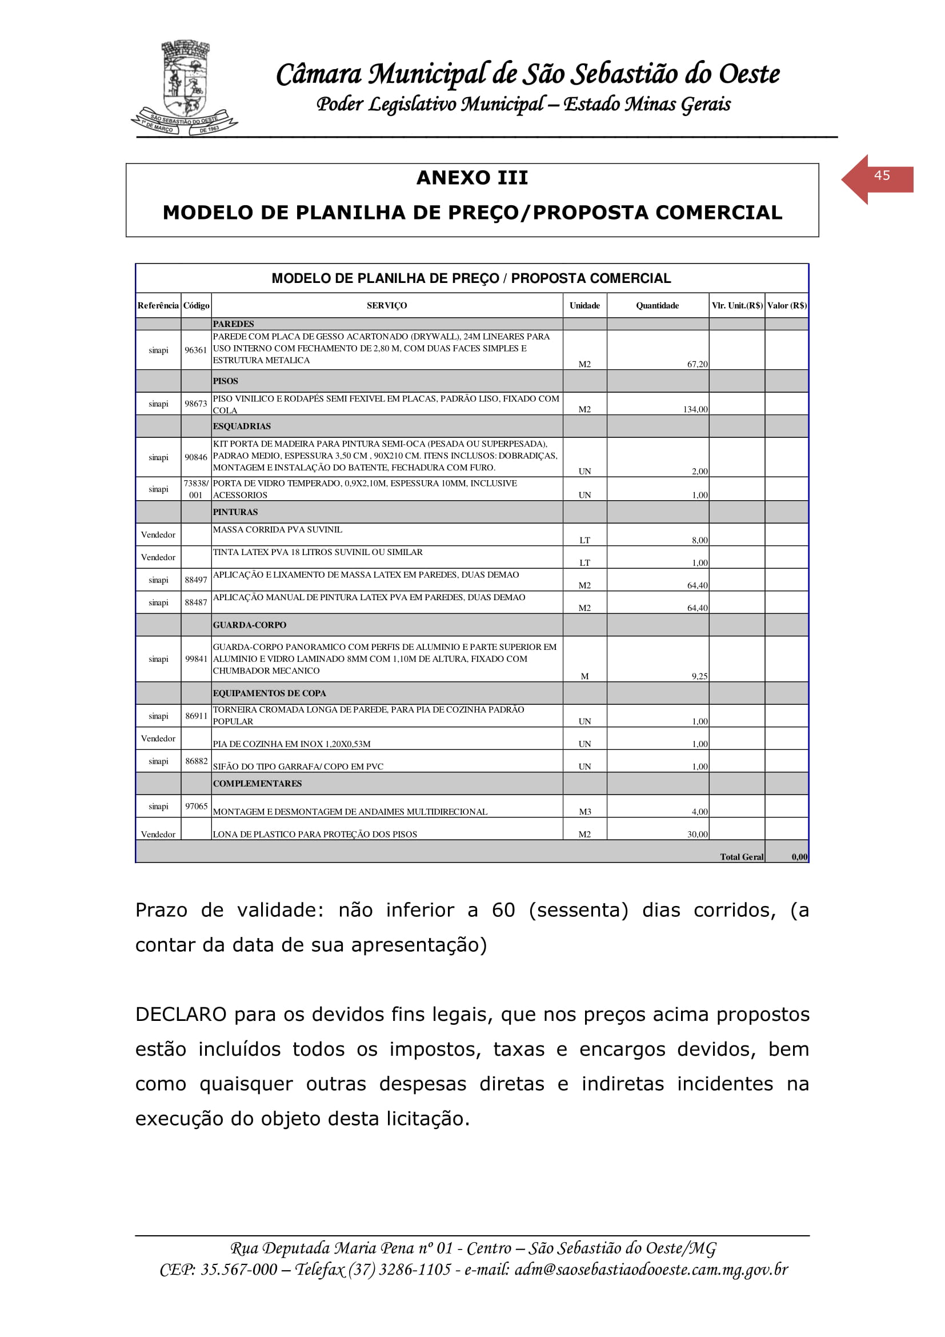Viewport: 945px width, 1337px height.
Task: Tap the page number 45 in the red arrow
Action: click(x=882, y=175)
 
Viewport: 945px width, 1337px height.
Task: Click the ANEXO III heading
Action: click(x=472, y=178)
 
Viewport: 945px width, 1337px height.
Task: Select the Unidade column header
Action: click(x=584, y=306)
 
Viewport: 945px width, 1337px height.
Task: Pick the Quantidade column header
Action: click(x=657, y=306)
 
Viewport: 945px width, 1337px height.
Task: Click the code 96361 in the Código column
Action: click(x=195, y=350)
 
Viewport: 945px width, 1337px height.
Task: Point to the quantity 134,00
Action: click(x=695, y=409)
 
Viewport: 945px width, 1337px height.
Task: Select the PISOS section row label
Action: click(x=225, y=381)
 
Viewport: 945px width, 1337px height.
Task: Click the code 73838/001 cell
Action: click(x=195, y=489)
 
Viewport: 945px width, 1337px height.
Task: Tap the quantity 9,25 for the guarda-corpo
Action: click(x=699, y=676)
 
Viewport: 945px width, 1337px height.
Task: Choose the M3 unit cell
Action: click(x=585, y=812)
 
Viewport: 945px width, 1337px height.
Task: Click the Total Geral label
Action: click(x=742, y=857)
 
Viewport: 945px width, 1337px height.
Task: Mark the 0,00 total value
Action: click(x=799, y=857)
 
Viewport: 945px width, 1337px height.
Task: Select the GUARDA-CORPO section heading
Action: click(x=249, y=625)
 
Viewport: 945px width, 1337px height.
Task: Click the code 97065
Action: click(x=196, y=806)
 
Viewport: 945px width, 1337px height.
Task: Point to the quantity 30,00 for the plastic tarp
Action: click(x=697, y=835)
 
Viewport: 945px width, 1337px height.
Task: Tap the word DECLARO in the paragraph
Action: click(x=181, y=1015)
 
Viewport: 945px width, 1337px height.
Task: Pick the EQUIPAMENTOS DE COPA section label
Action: click(x=269, y=693)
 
